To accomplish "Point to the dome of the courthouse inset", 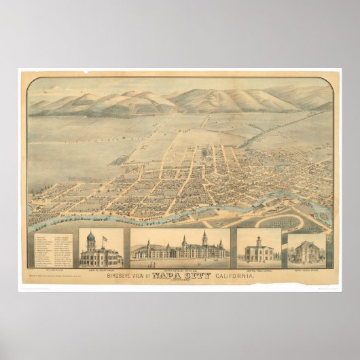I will [x=90, y=238].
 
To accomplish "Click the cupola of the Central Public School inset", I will [x=259, y=240].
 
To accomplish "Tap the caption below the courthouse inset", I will [x=101, y=270].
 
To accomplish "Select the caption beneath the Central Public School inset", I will [x=259, y=270].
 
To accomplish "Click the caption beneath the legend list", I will [x=53, y=270].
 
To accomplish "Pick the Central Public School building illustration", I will [x=259, y=252].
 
